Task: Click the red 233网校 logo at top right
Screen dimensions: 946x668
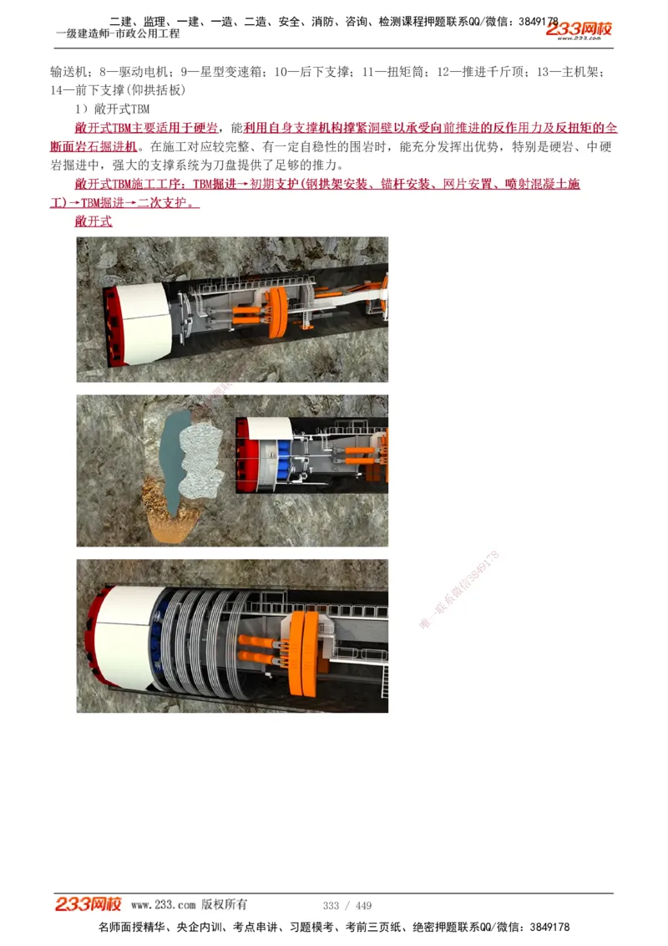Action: tap(579, 29)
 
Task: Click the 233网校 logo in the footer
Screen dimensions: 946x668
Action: tap(89, 904)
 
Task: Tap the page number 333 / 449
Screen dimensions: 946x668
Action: tap(347, 906)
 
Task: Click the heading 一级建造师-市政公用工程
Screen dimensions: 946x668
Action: tap(118, 34)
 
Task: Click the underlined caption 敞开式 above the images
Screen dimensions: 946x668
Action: tap(93, 221)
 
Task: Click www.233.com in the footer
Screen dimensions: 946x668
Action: tap(164, 905)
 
